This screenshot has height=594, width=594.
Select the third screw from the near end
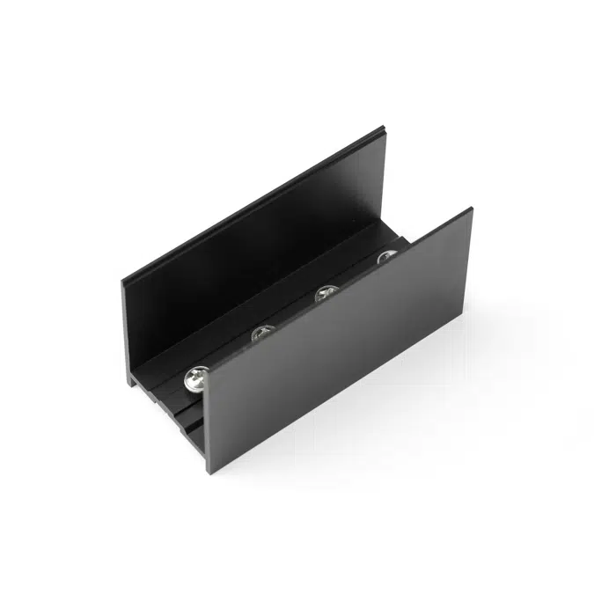point(327,292)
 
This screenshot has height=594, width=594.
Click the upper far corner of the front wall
point(473,209)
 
